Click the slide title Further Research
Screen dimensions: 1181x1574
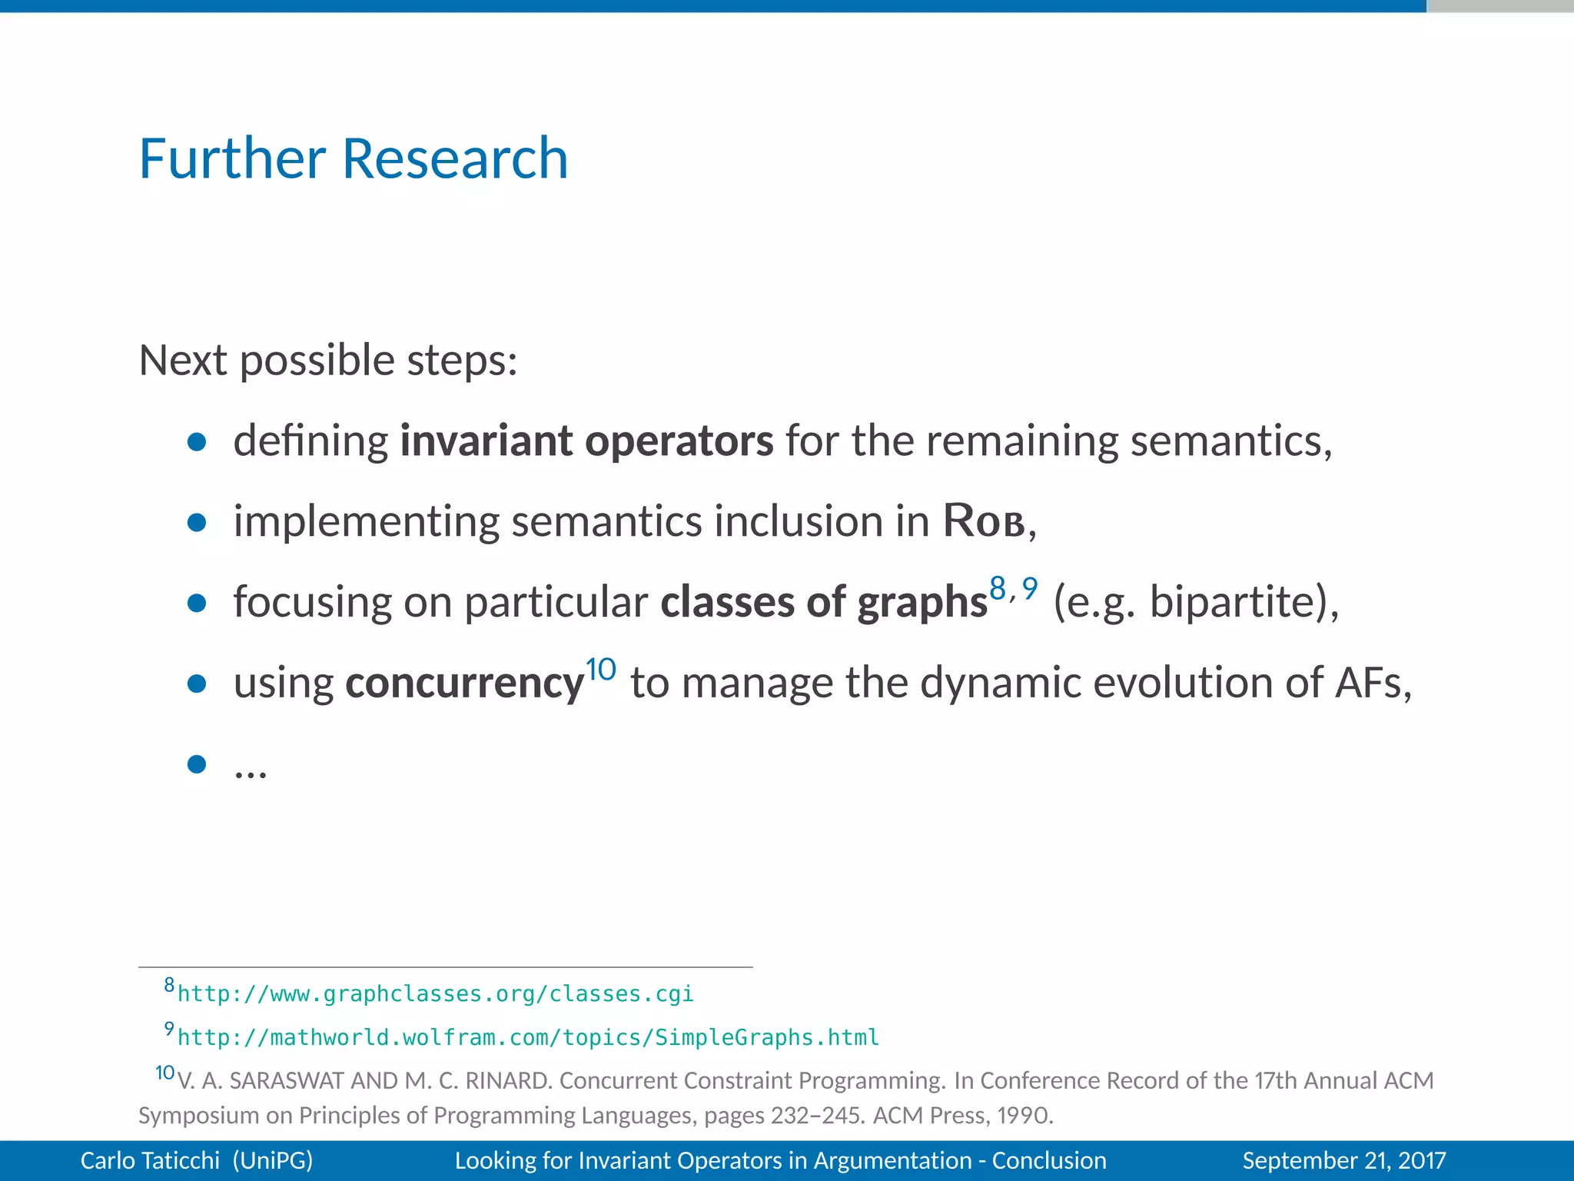point(354,158)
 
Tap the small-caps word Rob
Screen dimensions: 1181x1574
point(984,521)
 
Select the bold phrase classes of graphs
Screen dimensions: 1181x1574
point(823,602)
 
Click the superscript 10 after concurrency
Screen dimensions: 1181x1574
point(600,669)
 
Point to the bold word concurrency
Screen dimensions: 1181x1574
point(464,683)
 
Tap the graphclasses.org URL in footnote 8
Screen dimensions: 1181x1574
point(435,994)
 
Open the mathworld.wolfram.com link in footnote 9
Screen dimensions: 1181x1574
point(528,1038)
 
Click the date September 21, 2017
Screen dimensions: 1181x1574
point(1343,1160)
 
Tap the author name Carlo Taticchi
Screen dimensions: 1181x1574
point(150,1160)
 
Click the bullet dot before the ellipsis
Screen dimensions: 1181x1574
point(197,763)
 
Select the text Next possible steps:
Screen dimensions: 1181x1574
point(328,360)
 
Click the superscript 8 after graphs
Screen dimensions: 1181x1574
point(998,588)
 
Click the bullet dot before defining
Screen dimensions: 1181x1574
point(197,441)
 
